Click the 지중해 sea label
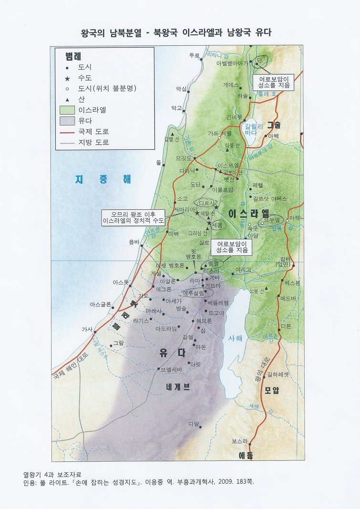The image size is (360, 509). click(x=103, y=179)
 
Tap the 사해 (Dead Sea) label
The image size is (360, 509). click(x=235, y=338)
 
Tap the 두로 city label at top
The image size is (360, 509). click(x=194, y=55)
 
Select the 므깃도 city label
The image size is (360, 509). click(x=184, y=158)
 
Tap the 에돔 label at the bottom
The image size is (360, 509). click(x=246, y=456)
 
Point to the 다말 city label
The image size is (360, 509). click(x=194, y=423)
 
